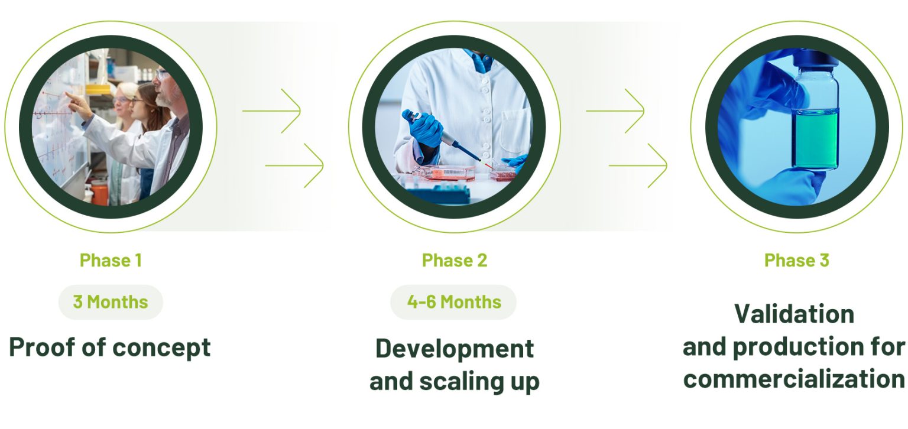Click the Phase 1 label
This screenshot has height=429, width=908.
[111, 261]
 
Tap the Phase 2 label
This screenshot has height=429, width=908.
[455, 261]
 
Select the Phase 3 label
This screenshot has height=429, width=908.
[796, 261]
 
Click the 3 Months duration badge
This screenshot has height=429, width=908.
[111, 302]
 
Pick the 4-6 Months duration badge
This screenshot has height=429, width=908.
[453, 302]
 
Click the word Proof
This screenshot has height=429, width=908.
[42, 347]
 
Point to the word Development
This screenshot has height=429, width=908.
[455, 349]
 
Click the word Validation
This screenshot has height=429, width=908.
[794, 314]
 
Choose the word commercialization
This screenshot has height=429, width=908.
[794, 379]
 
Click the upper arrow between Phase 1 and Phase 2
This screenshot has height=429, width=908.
[271, 110]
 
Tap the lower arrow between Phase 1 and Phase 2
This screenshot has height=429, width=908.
[294, 165]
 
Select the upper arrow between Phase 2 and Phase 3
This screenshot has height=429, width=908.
[615, 110]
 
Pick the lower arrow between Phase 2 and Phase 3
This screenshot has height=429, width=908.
[638, 165]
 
